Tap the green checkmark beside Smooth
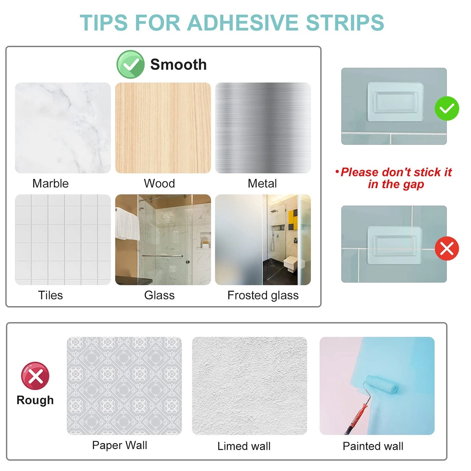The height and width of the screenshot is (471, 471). pos(131,64)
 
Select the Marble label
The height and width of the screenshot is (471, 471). pos(50,183)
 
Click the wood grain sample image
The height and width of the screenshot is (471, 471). pos(163,128)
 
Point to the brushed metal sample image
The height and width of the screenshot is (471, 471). pos(263,128)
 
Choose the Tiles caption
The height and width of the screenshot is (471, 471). pos(50,295)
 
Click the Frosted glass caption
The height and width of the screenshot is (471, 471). pos(263,295)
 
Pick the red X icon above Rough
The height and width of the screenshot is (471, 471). pos(35,376)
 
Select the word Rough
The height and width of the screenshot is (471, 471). pos(35,400)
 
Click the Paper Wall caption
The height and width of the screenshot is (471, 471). pos(120,445)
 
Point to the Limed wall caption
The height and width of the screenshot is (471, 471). pos(244,446)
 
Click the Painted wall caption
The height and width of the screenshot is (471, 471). pos(373,446)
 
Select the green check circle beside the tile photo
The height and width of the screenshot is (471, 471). pos(447,109)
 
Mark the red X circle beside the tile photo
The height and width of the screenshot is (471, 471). pos(447,249)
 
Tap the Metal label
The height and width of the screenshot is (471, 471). pos(262,183)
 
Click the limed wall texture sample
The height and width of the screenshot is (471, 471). pos(250,386)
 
